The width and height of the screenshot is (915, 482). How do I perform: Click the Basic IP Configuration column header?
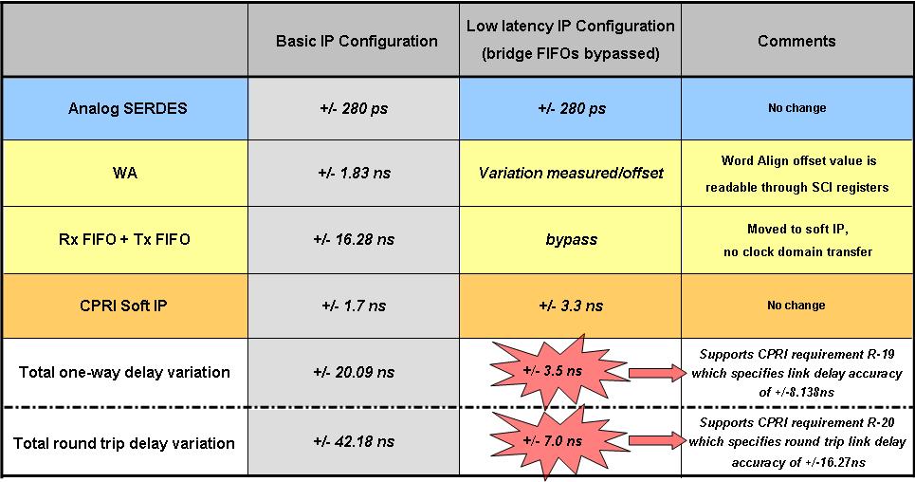[357, 41]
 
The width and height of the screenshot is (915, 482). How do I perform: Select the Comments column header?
[796, 41]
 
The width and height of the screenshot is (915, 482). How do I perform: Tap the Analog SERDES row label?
[128, 109]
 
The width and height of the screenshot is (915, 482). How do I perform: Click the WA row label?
[125, 173]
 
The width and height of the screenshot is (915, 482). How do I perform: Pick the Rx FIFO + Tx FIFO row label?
[124, 239]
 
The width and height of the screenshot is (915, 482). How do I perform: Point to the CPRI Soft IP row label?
[123, 306]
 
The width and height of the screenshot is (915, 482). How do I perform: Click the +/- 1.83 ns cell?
[355, 173]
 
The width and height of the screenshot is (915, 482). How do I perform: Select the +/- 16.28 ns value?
[354, 239]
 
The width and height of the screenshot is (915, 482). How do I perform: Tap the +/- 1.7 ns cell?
[354, 306]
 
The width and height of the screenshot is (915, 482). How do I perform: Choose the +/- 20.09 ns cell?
[354, 372]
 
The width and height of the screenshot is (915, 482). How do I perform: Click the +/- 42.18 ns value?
[354, 442]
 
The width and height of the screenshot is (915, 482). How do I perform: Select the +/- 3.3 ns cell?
[571, 306]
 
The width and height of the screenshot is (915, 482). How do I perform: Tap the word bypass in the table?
[572, 239]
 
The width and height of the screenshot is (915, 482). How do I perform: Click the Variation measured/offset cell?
[571, 173]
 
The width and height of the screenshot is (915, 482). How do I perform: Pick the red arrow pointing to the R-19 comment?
[658, 373]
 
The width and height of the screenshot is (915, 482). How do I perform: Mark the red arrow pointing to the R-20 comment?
[658, 441]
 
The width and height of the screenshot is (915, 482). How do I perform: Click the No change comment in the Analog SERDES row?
[797, 108]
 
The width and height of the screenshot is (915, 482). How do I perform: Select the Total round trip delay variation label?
[123, 443]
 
